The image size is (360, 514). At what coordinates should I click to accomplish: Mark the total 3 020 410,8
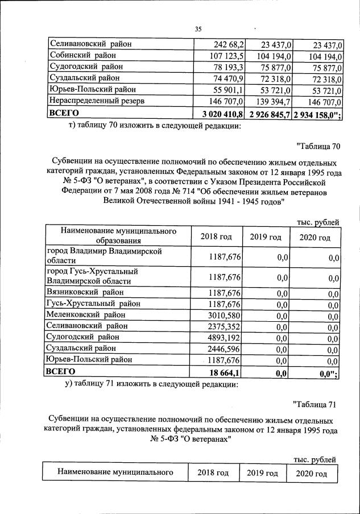(219, 113)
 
